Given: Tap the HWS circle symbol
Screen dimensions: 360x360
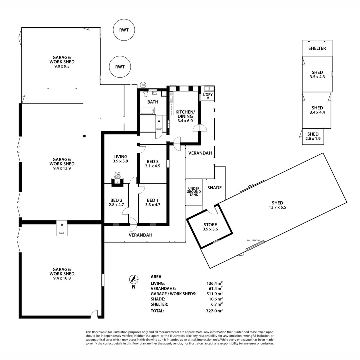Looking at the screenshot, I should (x=143, y=85).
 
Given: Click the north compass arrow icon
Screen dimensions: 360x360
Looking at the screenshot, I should (x=134, y=279).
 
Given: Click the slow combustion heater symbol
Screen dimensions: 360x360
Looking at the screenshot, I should (x=117, y=181).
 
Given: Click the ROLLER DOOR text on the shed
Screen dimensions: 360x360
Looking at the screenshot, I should (x=253, y=240).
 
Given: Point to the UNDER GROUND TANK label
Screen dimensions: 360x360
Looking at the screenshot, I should (x=194, y=191).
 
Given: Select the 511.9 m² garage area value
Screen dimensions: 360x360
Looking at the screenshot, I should (x=214, y=294).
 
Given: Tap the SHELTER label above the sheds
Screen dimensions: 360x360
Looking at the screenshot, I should (x=317, y=48).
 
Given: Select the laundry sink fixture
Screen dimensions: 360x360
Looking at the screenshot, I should (x=208, y=89).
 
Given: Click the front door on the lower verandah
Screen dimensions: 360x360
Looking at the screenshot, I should (x=133, y=226).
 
